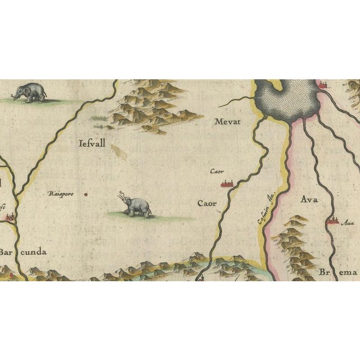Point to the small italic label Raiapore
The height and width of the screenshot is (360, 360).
60,195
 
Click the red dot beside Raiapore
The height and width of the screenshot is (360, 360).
85,195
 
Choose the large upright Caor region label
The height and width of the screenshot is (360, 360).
207,202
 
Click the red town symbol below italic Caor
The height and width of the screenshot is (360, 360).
227,183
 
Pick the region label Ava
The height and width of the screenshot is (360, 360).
310,200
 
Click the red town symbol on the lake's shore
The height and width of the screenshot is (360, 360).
323,85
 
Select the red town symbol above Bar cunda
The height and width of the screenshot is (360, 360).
10,216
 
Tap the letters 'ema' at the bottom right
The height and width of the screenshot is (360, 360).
348,273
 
